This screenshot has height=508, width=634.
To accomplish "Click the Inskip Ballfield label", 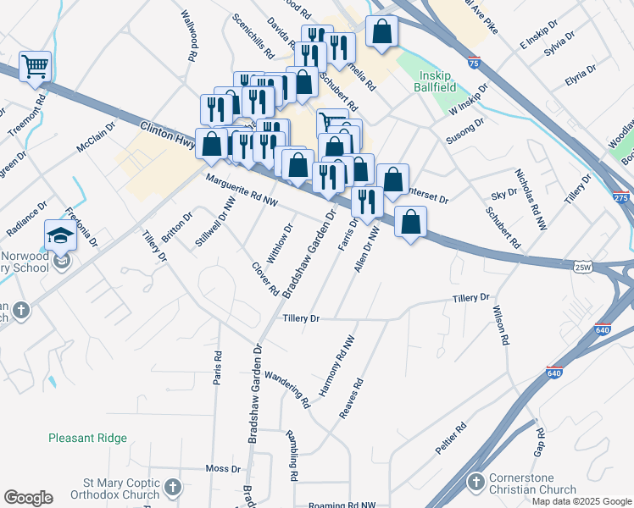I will (437, 81).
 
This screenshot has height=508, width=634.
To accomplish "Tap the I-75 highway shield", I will (474, 62).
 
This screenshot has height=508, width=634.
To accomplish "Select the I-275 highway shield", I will (621, 197).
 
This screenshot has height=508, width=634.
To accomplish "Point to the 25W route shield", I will (581, 267).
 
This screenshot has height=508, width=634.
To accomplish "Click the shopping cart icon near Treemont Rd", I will (35, 65).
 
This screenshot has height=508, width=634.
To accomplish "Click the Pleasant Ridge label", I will (88, 438).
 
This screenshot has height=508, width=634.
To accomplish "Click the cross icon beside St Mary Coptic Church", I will (173, 487).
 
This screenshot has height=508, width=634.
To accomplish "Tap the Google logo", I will (28, 498).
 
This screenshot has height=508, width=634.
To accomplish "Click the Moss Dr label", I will (224, 468).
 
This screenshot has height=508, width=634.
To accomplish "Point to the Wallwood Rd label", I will (188, 36).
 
